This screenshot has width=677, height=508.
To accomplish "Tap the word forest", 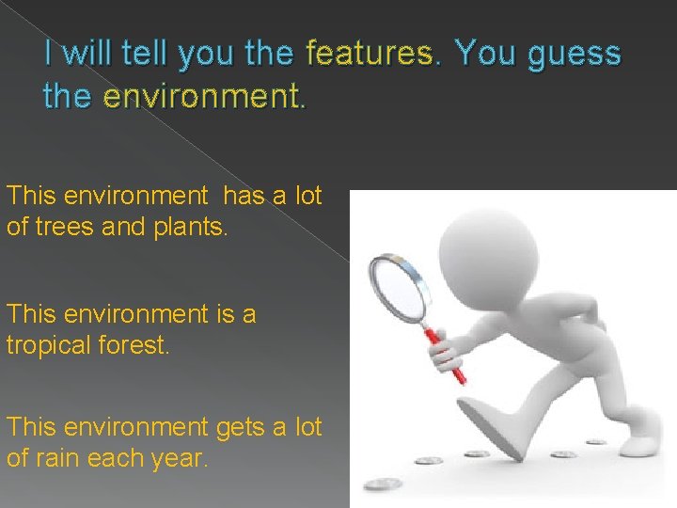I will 140,345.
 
